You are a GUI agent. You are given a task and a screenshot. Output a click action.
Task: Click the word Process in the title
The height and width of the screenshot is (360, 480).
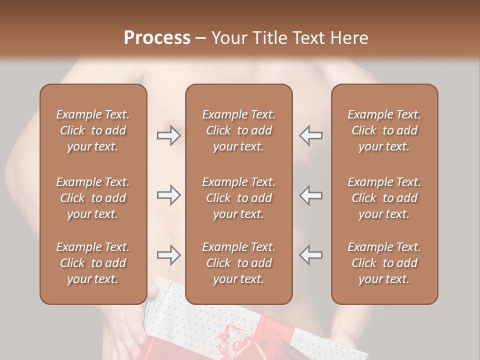157,38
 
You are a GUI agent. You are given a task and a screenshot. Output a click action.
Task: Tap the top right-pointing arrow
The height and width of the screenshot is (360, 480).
168,135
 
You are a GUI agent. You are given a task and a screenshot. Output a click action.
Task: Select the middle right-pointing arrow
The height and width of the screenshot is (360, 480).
168,195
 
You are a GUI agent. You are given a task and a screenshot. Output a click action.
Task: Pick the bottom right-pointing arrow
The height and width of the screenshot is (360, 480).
168,255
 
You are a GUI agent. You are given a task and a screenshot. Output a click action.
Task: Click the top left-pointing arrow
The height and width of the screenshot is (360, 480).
311,135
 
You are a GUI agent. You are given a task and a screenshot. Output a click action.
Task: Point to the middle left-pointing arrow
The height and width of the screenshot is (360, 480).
311,195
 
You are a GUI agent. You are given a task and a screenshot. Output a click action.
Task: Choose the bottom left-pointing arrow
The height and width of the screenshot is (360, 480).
311,255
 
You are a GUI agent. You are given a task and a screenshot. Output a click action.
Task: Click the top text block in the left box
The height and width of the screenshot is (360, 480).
93,130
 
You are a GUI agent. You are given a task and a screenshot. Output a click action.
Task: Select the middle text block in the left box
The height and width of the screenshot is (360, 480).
93,198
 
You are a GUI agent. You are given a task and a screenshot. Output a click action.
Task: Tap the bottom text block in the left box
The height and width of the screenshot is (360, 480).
93,263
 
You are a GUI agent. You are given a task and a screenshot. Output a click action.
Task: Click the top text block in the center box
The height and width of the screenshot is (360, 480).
238,130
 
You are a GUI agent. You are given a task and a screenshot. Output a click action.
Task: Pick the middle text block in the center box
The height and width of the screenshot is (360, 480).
238,198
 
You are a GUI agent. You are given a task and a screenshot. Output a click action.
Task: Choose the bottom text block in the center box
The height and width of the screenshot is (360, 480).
238,263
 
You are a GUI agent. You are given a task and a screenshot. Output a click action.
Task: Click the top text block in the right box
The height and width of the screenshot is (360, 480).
384,130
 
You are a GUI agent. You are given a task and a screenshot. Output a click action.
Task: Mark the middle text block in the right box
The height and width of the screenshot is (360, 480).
384,198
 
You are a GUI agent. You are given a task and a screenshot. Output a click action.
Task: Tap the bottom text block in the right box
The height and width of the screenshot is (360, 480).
384,263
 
